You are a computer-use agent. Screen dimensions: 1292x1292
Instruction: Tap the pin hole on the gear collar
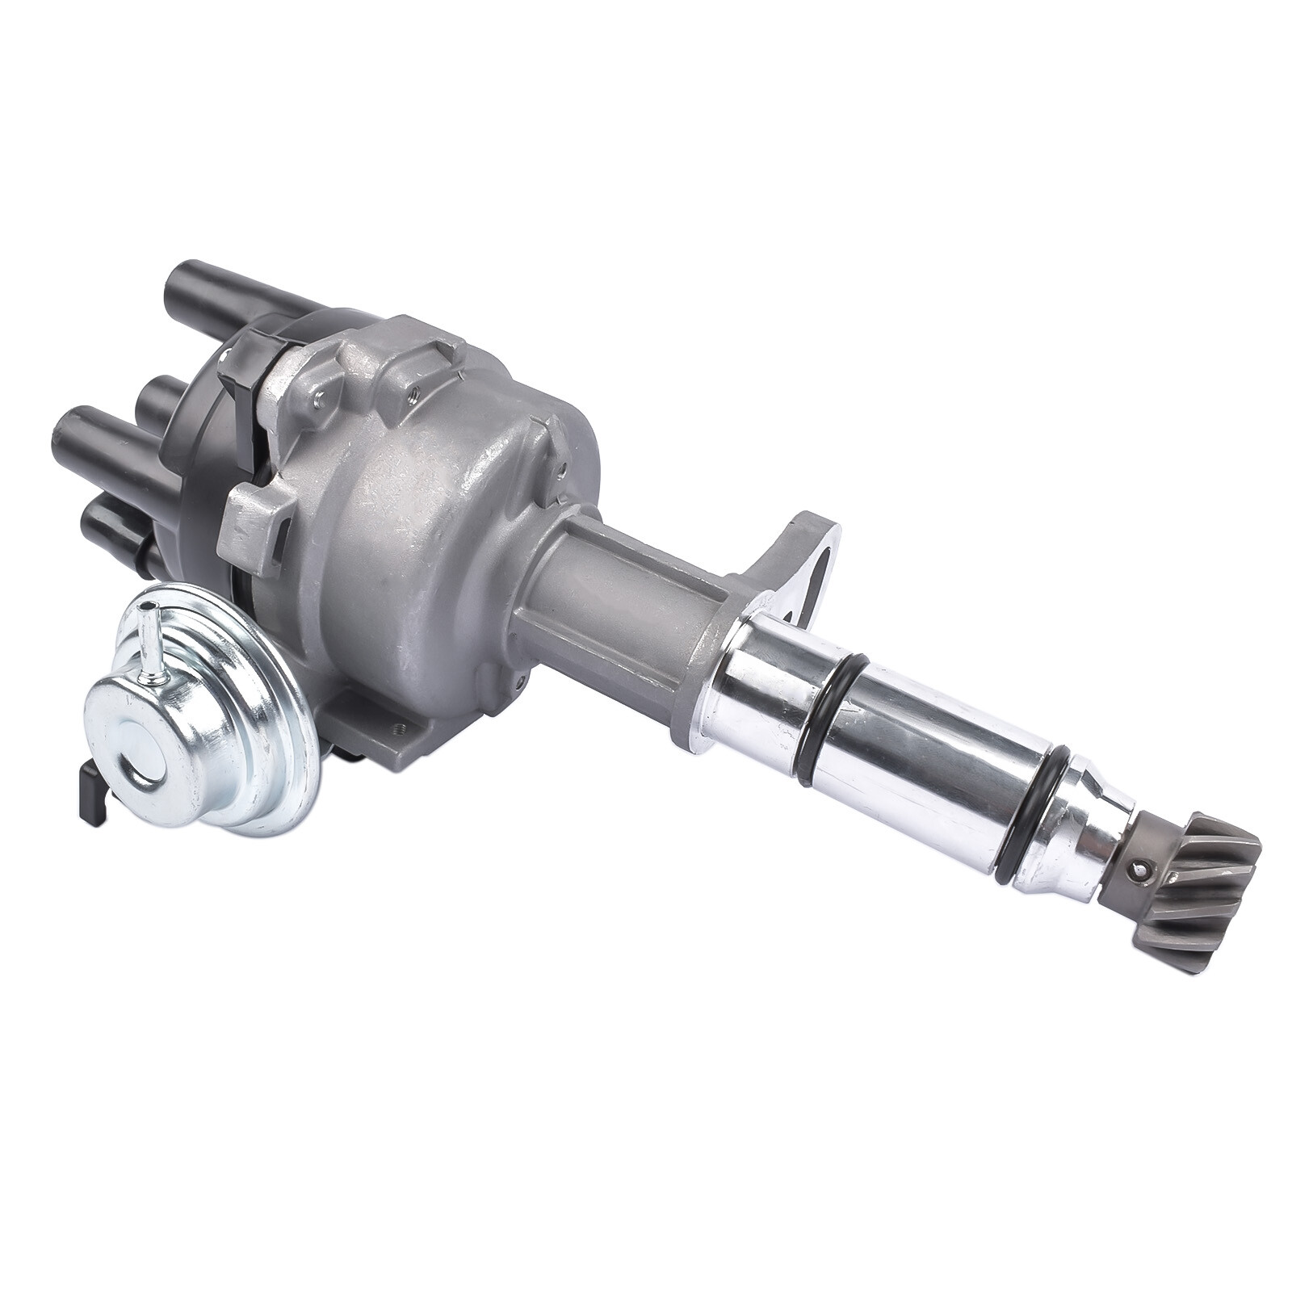(x=1140, y=870)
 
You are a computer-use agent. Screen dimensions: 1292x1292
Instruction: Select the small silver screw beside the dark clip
(x=321, y=372)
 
